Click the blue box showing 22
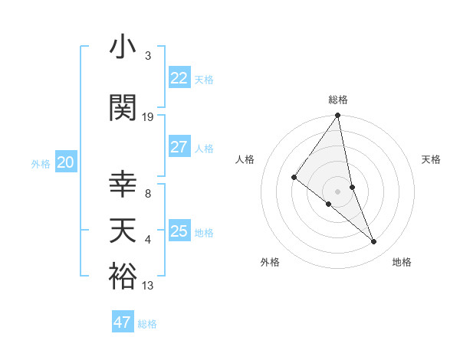point(179,77)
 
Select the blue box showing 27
point(179,147)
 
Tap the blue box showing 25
point(179,231)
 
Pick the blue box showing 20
point(66,162)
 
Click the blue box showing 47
point(123,322)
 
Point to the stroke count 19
point(148,117)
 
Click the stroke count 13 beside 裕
point(148,286)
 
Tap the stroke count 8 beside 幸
point(148,194)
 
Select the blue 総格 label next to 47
point(148,324)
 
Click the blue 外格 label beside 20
point(41,163)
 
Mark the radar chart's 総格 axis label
point(338,100)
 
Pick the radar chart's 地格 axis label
point(402,263)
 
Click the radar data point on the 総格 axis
point(338,116)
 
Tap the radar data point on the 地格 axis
point(374,242)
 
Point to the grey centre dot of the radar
point(338,191)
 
